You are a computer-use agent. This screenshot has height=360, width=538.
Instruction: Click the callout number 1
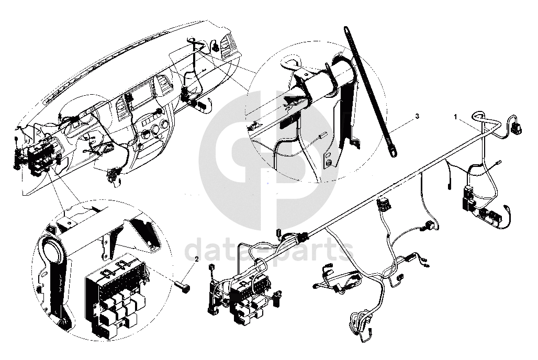tap(456, 117)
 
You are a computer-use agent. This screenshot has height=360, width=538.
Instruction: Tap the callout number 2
tap(197, 260)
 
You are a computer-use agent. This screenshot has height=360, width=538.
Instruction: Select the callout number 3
tap(417, 117)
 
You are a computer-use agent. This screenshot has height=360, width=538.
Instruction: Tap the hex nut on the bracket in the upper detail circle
tap(329, 163)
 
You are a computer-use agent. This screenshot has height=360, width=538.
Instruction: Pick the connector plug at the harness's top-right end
tap(515, 128)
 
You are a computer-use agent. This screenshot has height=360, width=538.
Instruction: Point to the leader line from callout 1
tap(470, 124)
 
